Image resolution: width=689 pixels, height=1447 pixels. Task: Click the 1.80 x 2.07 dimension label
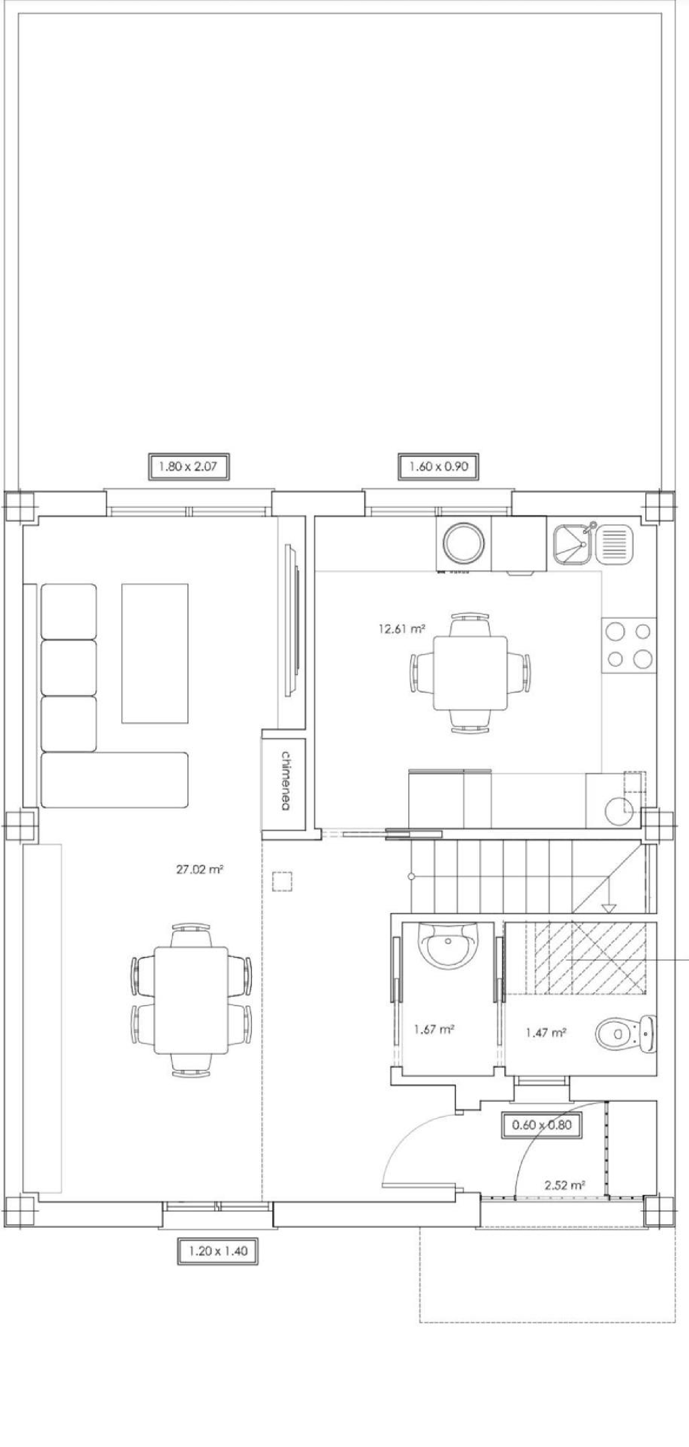click(x=188, y=466)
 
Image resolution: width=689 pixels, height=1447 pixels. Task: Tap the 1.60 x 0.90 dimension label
click(x=439, y=466)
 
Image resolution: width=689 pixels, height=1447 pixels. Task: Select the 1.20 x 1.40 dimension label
click(x=217, y=1251)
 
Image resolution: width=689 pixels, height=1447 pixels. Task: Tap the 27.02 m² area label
click(x=199, y=870)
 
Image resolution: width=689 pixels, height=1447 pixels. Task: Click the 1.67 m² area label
click(x=434, y=1030)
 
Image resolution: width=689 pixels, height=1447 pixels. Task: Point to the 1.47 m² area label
click(x=546, y=1032)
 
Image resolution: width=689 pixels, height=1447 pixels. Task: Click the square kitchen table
click(x=470, y=672)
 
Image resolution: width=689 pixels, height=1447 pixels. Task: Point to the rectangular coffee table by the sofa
click(x=155, y=653)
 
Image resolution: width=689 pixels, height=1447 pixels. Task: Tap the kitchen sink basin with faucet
click(x=571, y=544)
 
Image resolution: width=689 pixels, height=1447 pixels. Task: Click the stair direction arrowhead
click(x=609, y=908)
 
